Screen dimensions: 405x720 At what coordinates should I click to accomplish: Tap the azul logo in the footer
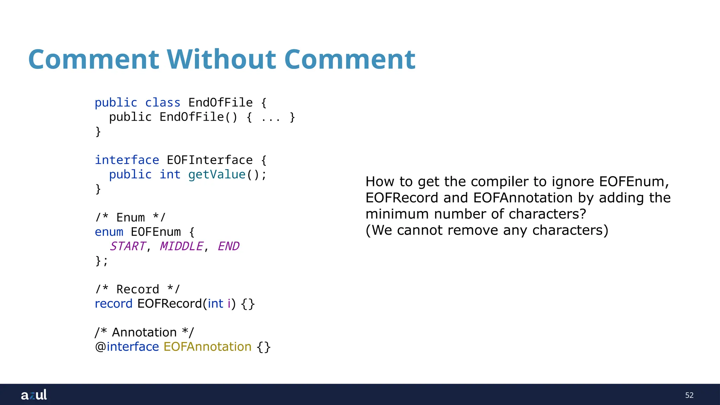(34, 395)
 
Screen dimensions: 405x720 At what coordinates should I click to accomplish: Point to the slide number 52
(689, 395)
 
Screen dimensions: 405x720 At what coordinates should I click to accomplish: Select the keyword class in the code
(162, 103)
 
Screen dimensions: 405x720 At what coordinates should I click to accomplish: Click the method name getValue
(217, 174)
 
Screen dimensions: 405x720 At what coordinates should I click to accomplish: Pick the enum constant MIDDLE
(181, 246)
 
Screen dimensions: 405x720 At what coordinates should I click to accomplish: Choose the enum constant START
(127, 246)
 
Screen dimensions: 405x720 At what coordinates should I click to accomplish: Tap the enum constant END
(229, 246)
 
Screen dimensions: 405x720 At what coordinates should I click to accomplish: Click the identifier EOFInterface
(210, 160)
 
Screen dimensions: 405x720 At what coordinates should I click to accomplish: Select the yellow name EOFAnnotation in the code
(207, 347)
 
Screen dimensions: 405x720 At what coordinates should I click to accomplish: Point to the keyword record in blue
(114, 303)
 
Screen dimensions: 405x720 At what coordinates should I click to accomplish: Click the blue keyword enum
(109, 232)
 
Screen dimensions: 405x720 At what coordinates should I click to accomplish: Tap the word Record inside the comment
(138, 289)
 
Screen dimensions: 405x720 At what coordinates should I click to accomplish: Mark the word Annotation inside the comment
(144, 332)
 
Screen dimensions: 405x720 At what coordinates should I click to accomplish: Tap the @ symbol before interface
(101, 347)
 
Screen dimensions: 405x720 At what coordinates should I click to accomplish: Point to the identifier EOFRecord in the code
(169, 303)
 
